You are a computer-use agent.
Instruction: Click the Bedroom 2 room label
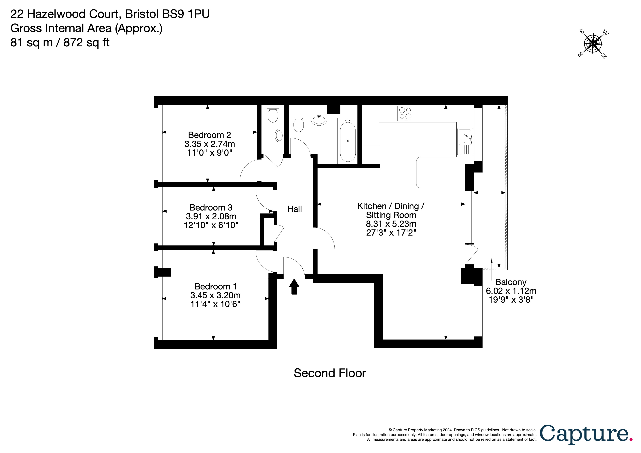point(209,135)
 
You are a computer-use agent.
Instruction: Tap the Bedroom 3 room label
point(211,207)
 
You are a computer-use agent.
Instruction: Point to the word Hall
point(295,209)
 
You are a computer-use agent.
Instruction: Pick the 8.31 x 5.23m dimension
point(391,224)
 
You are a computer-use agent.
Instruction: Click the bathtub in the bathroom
point(348,142)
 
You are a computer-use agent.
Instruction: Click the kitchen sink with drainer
point(465,142)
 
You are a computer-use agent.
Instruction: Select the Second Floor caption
point(330,373)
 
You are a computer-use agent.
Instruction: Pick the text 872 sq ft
point(87,43)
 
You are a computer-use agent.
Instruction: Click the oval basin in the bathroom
point(319,120)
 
